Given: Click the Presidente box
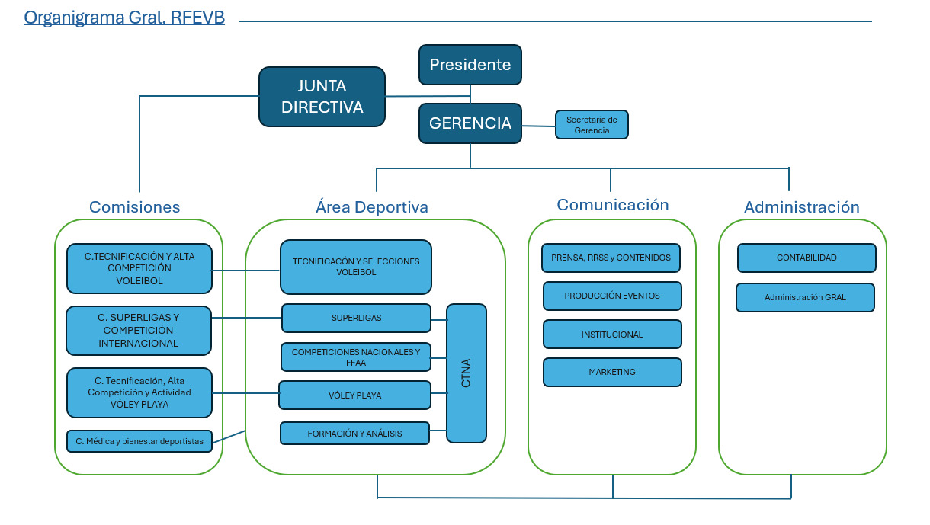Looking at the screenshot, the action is click(x=470, y=65).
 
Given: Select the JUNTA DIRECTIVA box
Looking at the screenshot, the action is click(x=322, y=97).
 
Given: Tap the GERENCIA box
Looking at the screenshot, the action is click(x=470, y=123).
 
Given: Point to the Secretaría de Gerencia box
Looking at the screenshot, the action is click(x=592, y=124).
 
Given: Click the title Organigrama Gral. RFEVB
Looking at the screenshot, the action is click(x=124, y=18).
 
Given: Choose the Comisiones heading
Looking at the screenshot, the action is click(x=134, y=206).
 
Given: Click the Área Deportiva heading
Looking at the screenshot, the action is click(x=371, y=206).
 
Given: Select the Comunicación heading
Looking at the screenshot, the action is click(x=612, y=205).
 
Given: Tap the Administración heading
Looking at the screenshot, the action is click(x=801, y=206).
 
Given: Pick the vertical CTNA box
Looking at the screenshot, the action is click(x=467, y=373).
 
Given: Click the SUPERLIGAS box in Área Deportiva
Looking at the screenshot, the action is click(x=356, y=318).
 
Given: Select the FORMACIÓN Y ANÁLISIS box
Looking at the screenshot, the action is click(x=354, y=434).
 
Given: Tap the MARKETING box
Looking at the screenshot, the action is click(x=612, y=372).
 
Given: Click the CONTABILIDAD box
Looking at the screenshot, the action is click(x=807, y=258).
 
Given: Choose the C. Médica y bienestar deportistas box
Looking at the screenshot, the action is click(x=139, y=441).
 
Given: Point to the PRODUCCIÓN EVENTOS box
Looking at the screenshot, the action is click(x=612, y=296).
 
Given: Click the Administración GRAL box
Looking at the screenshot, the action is click(x=805, y=297).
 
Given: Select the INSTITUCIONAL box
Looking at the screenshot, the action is click(x=612, y=334).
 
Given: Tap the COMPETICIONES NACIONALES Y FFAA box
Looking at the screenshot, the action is click(x=356, y=357).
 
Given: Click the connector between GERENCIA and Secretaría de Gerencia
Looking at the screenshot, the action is click(x=538, y=126).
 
